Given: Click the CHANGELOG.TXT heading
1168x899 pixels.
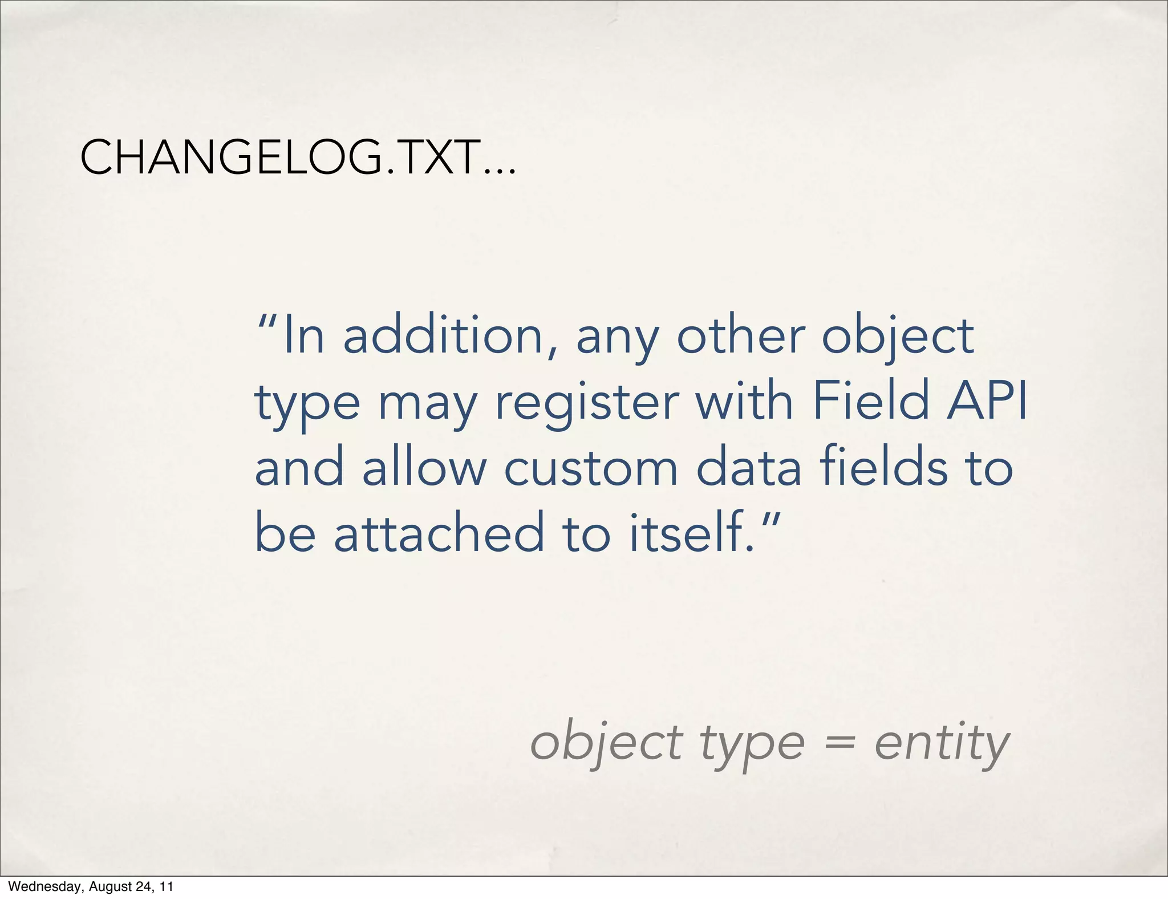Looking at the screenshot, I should click(x=298, y=158).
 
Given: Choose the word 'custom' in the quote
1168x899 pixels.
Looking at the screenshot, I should click(x=591, y=468).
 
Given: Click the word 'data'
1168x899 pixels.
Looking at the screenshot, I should click(x=749, y=468).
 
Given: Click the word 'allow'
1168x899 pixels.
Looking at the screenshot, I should click(x=424, y=468).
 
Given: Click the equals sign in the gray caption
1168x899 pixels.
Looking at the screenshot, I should click(x=839, y=743).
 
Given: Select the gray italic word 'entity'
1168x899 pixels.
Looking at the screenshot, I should click(x=942, y=744).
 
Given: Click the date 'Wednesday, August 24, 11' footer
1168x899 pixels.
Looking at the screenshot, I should click(x=91, y=886).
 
